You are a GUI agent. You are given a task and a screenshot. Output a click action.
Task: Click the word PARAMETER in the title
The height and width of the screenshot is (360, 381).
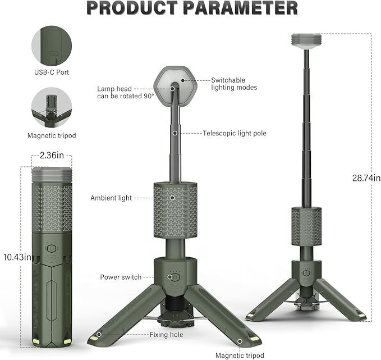click(242, 8)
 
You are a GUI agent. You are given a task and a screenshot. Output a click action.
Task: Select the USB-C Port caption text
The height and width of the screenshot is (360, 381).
click(52, 72)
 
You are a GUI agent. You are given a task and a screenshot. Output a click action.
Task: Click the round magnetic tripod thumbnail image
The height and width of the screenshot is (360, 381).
click(52, 107)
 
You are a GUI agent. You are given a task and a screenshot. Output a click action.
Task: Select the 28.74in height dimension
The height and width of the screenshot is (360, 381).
click(366, 178)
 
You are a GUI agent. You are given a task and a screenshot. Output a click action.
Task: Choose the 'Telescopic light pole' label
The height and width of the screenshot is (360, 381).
click(235, 133)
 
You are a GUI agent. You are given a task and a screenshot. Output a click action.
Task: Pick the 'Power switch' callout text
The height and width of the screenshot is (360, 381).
click(120, 277)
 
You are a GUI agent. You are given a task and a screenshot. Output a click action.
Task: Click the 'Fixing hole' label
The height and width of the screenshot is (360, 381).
click(166, 335)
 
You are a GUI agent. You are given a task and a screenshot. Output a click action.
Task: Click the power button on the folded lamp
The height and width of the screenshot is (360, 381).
click(51, 247)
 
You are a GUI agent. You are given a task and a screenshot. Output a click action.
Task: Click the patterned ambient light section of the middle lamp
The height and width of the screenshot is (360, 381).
click(175, 209)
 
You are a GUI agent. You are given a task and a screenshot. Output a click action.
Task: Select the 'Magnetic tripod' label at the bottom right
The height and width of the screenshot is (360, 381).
click(239, 355)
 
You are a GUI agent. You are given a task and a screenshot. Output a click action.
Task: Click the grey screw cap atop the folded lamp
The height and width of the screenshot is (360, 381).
click(52, 175)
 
